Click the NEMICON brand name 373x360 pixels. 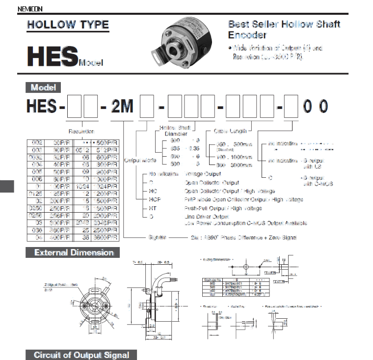tap(30, 9)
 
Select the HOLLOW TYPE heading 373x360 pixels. tap(68, 25)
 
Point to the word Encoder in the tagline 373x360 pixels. tap(247, 35)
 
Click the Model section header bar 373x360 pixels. tap(43, 87)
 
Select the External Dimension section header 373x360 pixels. tap(74, 253)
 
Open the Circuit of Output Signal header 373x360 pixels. tap(81, 355)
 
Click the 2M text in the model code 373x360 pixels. tap(122, 106)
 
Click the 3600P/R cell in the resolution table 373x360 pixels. tap(107, 237)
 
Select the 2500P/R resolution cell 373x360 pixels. tap(107, 229)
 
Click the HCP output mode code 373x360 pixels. tap(155, 199)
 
